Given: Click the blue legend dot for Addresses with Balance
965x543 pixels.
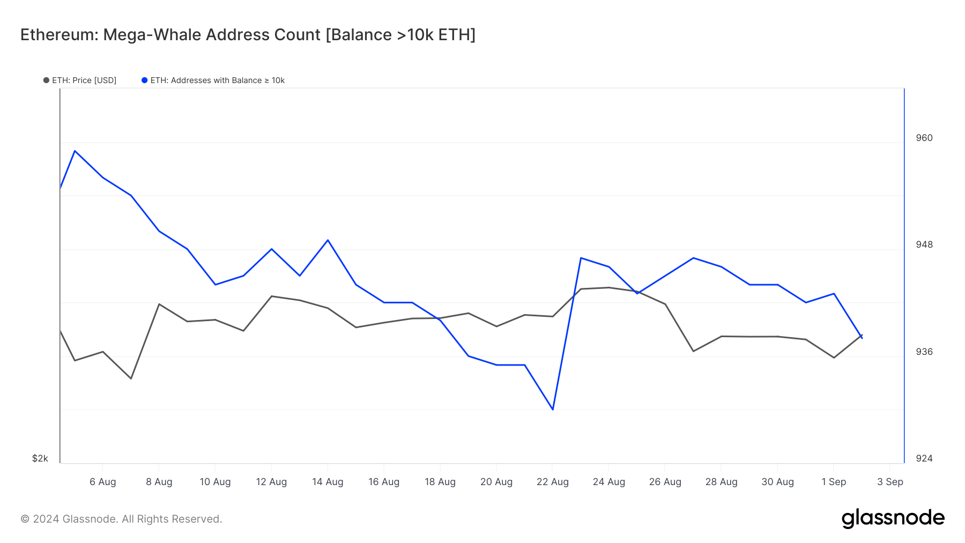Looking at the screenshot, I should pos(144,80).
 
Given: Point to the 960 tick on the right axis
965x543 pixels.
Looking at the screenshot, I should pos(924,138).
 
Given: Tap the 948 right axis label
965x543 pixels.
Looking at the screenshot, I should pos(924,244).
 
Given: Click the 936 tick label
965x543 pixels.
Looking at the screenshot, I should pos(924,352).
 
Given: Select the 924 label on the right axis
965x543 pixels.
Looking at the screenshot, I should pos(924,458).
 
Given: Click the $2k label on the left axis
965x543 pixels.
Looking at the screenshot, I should pos(40,458).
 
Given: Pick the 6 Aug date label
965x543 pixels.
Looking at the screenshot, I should pos(103,482).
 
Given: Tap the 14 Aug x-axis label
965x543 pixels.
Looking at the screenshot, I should pos(328,482).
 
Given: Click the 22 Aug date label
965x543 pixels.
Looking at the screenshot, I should pos(552,482).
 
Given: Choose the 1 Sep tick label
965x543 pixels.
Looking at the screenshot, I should pos(834,482).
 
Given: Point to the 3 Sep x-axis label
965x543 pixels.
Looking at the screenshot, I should pos(890,482).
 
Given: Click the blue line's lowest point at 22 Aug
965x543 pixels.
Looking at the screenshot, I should pos(552,410).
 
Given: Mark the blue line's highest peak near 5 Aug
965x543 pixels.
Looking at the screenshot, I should pos(75,151).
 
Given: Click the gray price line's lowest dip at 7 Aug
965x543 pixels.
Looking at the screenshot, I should pos(131,378).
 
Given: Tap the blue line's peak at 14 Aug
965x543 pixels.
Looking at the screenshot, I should pos(328,240).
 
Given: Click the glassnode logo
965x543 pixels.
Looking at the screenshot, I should pos(893,518).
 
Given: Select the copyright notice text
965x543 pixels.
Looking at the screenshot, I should pos(121,519).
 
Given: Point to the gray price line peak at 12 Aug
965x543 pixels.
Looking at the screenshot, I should pos(272,296).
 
